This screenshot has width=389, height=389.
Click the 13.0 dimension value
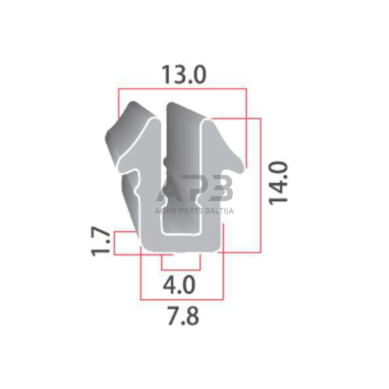click(184, 75)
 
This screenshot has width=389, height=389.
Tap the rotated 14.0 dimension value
click(279, 183)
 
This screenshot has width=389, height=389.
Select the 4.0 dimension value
click(179, 285)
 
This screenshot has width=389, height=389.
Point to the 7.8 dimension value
click(183, 316)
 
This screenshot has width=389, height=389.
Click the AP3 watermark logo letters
click(194, 188)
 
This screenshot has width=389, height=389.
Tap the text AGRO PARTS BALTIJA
click(194, 211)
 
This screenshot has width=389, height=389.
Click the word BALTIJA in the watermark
click(220, 211)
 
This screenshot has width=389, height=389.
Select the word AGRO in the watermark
click(164, 211)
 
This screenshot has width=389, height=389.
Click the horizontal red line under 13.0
click(183, 89)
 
